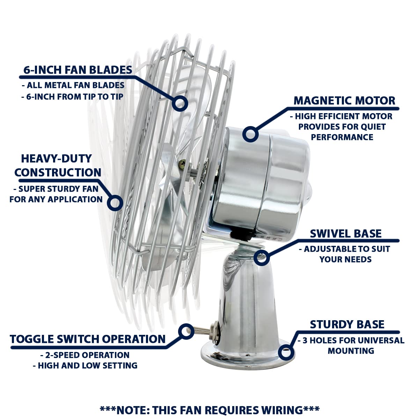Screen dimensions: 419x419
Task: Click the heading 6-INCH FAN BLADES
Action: pyautogui.click(x=78, y=70)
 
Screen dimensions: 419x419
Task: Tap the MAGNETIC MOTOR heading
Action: pyautogui.click(x=344, y=101)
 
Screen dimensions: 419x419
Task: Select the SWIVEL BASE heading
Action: pyautogui.click(x=346, y=234)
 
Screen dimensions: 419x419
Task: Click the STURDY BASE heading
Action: pyautogui.click(x=347, y=324)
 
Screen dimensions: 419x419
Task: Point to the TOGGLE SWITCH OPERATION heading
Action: pyautogui.click(x=88, y=339)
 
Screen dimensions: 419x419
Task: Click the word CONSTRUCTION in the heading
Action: pyautogui.click(x=58, y=172)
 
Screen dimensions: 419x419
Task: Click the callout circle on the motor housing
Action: pyautogui.click(x=250, y=134)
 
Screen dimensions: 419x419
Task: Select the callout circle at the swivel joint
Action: pyautogui.click(x=262, y=258)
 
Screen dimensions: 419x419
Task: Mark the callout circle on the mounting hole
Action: pyautogui.click(x=286, y=352)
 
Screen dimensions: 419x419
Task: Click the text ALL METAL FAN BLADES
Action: pyautogui.click(x=75, y=85)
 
